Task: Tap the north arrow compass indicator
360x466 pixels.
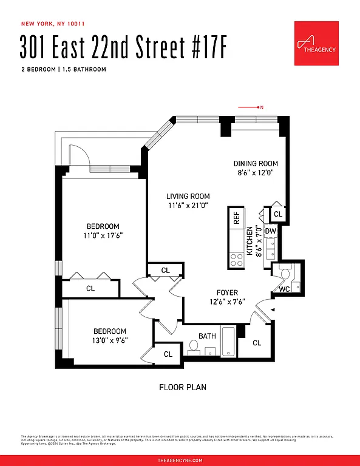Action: coord(250,107)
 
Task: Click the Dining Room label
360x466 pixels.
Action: coord(256,163)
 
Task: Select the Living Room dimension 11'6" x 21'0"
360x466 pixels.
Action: coord(188,206)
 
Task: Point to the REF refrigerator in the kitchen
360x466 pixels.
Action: coord(236,218)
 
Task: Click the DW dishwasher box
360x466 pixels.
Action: coord(271,231)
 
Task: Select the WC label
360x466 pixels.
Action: coord(284,289)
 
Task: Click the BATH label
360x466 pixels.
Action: coord(207,336)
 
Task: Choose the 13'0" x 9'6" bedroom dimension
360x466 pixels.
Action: coord(110,340)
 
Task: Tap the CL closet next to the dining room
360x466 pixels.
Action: coord(278,214)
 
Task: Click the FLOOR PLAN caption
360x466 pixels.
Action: coord(183,387)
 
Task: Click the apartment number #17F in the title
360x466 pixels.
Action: coord(204,47)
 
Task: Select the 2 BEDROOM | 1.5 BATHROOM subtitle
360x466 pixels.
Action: coord(63,69)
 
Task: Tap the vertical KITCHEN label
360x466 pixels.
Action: coord(249,247)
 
